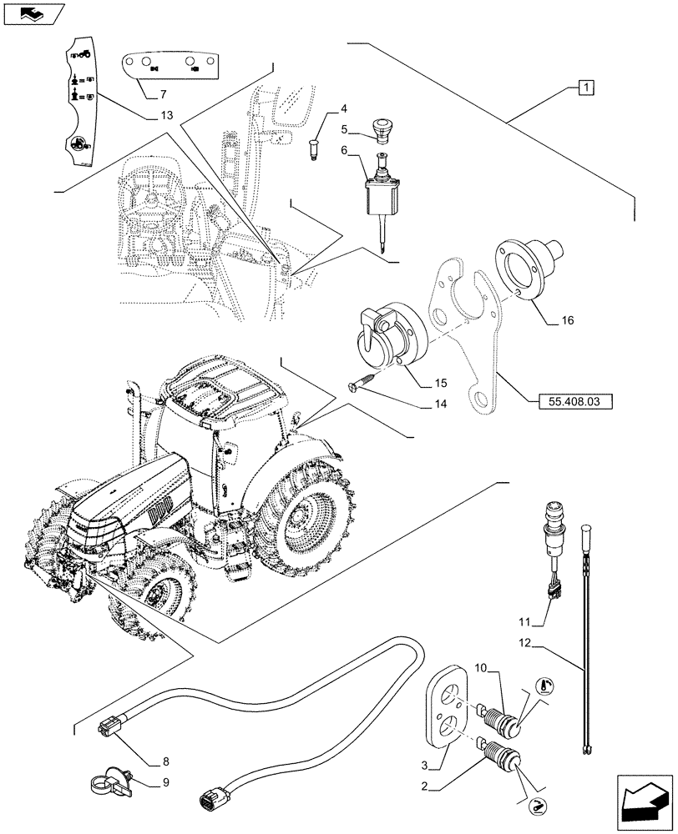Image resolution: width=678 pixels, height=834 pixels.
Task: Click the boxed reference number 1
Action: pyautogui.click(x=587, y=87)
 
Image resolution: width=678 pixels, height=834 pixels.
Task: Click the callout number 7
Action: pyautogui.click(x=162, y=93)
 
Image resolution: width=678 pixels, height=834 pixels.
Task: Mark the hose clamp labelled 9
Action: pyautogui.click(x=109, y=784)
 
